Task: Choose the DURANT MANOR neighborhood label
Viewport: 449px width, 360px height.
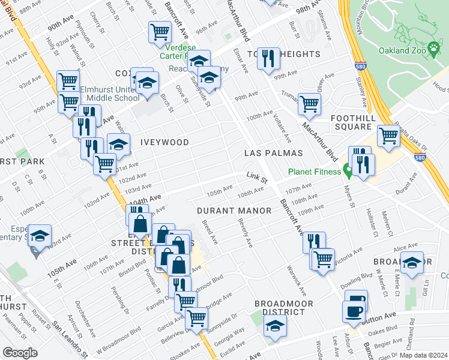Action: coord(227,210)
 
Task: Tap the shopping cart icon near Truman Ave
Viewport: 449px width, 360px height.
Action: coord(309,104)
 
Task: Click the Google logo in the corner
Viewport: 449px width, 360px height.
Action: coord(21,352)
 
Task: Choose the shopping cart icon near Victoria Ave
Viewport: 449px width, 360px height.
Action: coord(323,259)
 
